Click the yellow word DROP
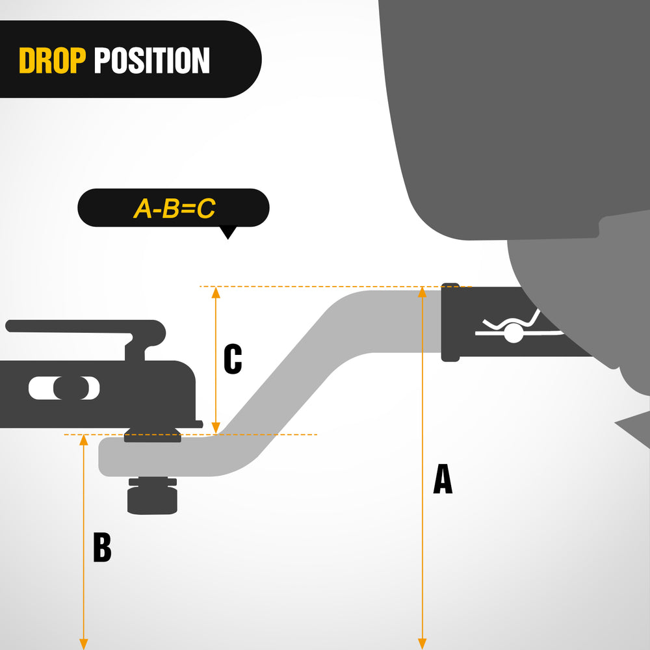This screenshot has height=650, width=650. (x=52, y=60)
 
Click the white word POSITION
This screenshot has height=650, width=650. (x=151, y=60)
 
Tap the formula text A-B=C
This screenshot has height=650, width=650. (x=174, y=208)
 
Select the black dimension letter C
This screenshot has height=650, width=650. (x=233, y=359)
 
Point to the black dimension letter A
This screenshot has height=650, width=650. (x=443, y=479)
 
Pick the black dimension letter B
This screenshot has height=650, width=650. (x=102, y=547)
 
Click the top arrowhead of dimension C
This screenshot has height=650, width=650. (x=216, y=292)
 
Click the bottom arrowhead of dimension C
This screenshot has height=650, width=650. (x=216, y=428)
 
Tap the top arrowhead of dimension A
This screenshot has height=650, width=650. (x=422, y=292)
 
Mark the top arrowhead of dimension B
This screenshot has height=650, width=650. (x=84, y=440)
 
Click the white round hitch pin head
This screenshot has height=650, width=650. (x=513, y=333)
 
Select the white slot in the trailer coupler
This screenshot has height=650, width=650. (x=64, y=388)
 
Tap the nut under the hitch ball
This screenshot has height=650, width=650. (x=152, y=496)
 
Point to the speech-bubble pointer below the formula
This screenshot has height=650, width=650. (x=227, y=232)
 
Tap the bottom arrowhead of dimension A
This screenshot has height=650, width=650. (x=422, y=644)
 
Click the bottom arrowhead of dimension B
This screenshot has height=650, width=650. (x=84, y=644)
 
